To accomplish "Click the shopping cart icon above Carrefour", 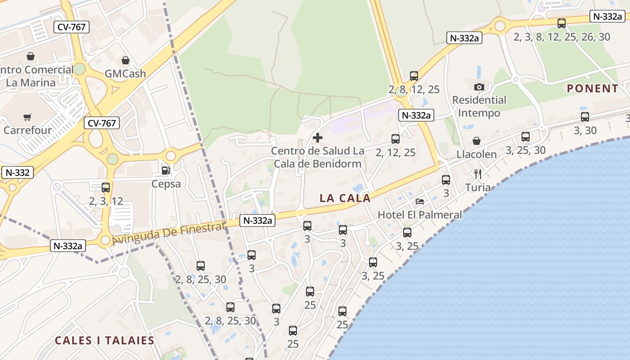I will point(27,117).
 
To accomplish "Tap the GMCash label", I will point(125,73).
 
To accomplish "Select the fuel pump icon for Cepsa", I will point(166,171).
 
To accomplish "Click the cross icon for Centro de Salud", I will point(318,137).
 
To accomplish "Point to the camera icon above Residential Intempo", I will point(479,87).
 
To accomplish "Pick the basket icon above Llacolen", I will point(477,141).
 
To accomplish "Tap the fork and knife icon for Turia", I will point(478,174).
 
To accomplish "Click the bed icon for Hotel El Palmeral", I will point(420,202).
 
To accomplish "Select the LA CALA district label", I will point(345,198).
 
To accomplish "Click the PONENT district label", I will point(593,89).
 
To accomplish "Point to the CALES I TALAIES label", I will point(104,340).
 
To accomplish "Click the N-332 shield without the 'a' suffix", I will point(18,172).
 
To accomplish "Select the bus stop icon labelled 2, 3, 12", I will point(106,188).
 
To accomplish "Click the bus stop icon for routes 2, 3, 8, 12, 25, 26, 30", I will point(562,23).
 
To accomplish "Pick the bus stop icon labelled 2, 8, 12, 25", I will point(414,76).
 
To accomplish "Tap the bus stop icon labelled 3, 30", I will point(585,117).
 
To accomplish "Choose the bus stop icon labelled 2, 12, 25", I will point(396,139).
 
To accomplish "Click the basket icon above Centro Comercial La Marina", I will point(31,56).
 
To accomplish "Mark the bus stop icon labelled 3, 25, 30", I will point(526,137).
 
